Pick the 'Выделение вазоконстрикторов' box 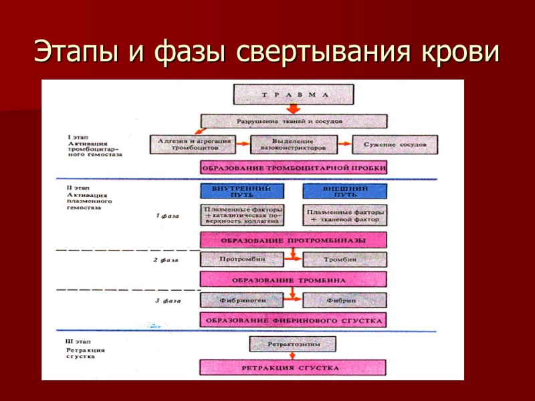pyautogui.click(x=292, y=144)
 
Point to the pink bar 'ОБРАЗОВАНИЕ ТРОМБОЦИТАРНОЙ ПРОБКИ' pyautogui.click(x=293, y=168)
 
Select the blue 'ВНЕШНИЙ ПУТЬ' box pyautogui.click(x=344, y=191)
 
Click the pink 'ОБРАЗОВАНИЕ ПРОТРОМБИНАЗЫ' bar pyautogui.click(x=293, y=239)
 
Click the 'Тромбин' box pyautogui.click(x=344, y=258)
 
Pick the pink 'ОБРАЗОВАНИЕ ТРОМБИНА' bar pyautogui.click(x=293, y=279)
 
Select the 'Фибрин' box pyautogui.click(x=344, y=300)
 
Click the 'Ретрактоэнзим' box pyautogui.click(x=293, y=344)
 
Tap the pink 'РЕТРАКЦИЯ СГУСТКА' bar pyautogui.click(x=293, y=368)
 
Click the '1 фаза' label pyautogui.click(x=167, y=217)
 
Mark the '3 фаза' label pyautogui.click(x=167, y=301)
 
